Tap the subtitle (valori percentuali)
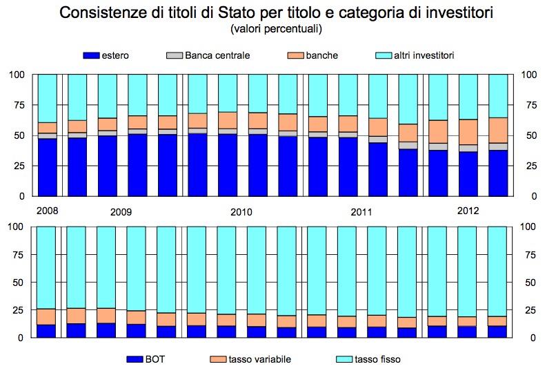pyautogui.click(x=277, y=29)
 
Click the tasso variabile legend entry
pyautogui.click(x=249, y=359)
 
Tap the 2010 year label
pyautogui.click(x=241, y=212)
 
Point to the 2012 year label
pyautogui.click(x=468, y=210)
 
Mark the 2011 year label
pyautogui.click(x=361, y=212)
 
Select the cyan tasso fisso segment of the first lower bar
pyautogui.click(x=46, y=267)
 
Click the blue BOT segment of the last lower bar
pyautogui.click(x=498, y=332)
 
